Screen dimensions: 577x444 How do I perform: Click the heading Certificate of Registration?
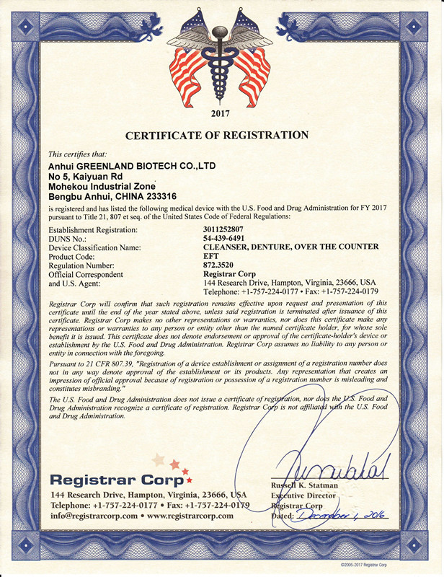point(217,135)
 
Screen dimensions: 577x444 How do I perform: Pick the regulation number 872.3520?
point(221,264)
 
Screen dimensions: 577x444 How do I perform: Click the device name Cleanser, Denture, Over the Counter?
point(290,247)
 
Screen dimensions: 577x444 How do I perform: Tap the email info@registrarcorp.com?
point(92,516)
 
